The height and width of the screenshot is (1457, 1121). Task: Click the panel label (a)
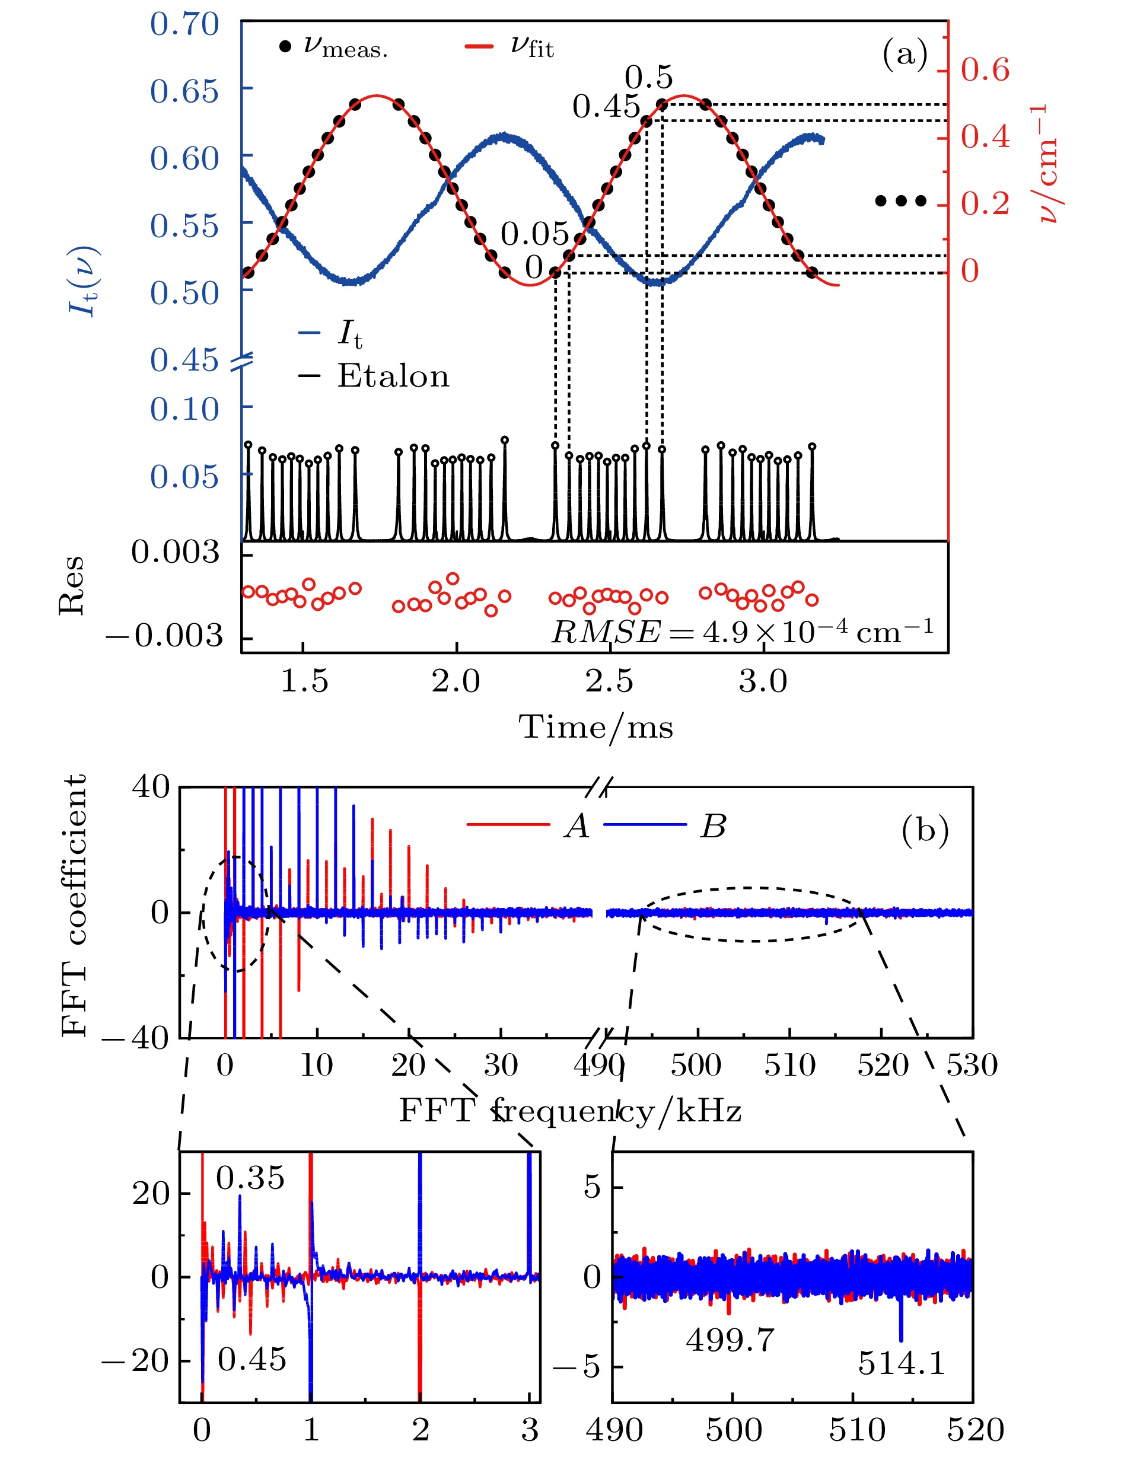[x=904, y=53]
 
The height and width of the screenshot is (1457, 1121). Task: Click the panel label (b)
[x=924, y=831]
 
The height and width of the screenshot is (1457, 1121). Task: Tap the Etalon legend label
[x=393, y=376]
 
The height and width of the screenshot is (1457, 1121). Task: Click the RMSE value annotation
[x=741, y=631]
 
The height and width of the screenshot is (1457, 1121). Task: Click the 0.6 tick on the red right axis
[x=985, y=70]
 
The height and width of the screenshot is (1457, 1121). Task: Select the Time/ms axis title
[x=595, y=726]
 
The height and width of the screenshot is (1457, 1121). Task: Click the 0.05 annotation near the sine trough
[x=534, y=234]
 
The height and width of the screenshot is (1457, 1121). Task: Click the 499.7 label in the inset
[x=730, y=1340]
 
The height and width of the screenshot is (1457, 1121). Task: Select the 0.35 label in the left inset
[x=250, y=1178]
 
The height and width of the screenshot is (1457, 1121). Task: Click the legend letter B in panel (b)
[x=713, y=827]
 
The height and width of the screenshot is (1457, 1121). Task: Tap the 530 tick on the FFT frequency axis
[x=972, y=1066]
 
